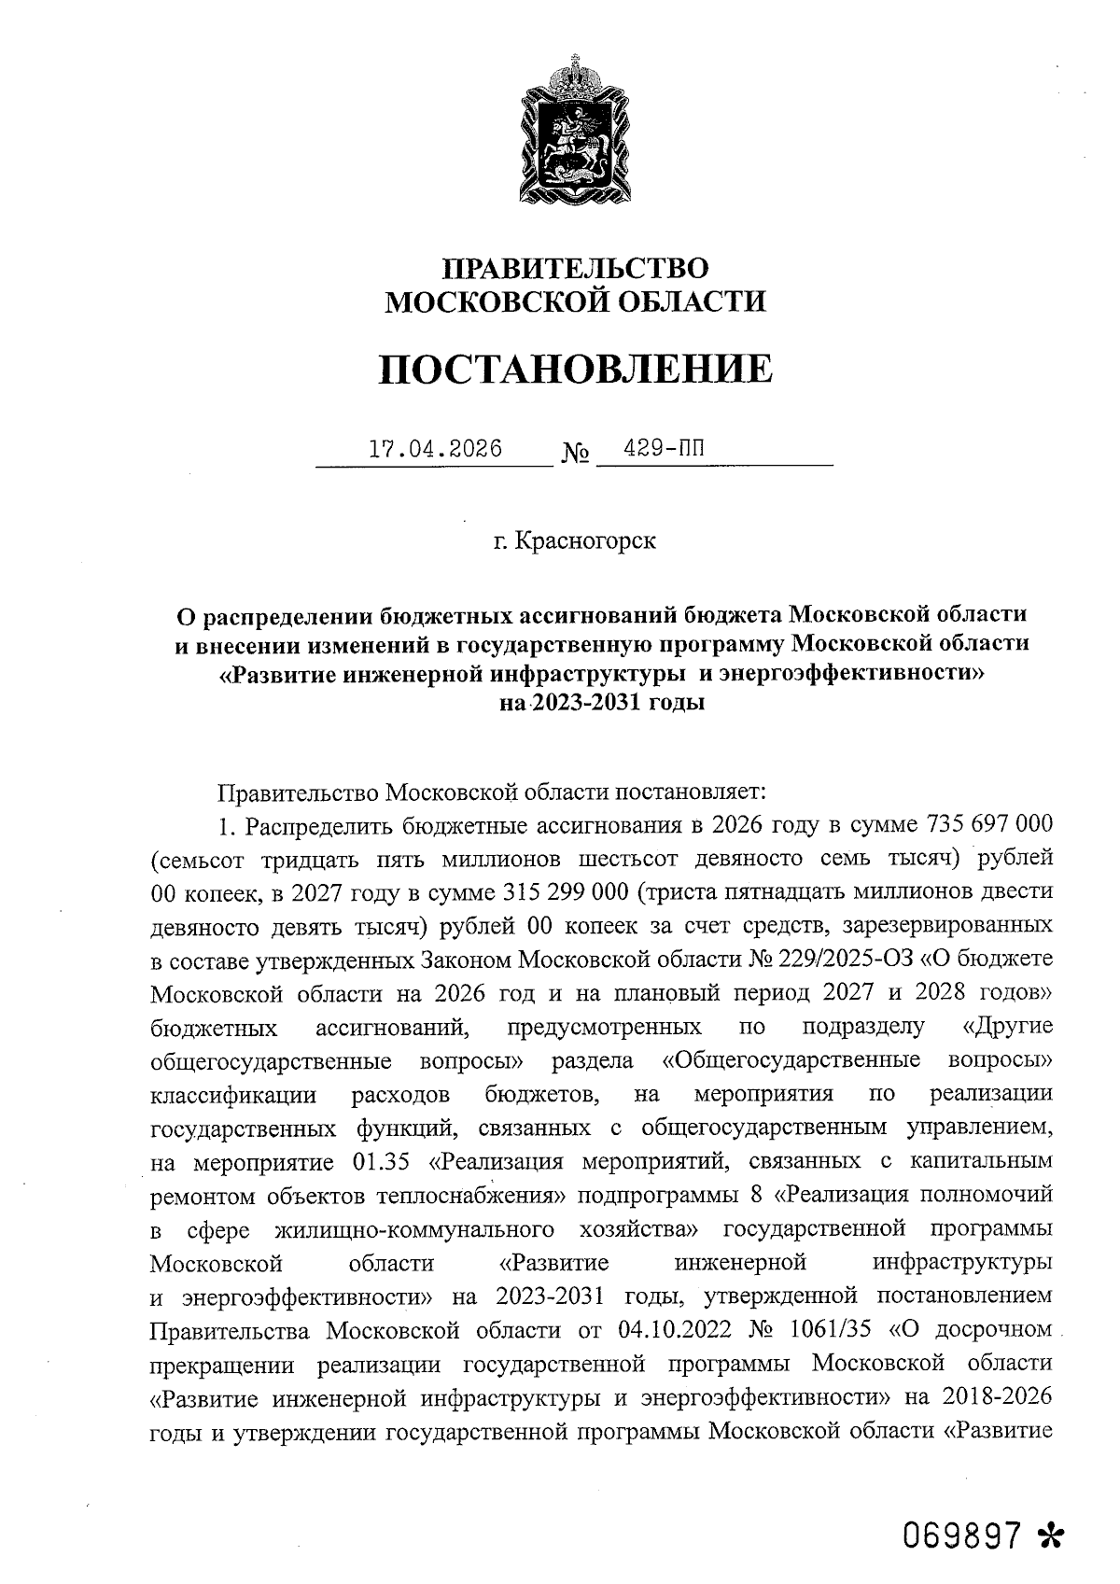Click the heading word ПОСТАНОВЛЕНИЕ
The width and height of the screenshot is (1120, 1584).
click(576, 370)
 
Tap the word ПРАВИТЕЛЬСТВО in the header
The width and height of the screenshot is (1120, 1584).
click(576, 269)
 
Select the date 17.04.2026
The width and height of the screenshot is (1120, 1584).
click(436, 449)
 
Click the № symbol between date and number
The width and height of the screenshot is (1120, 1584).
click(576, 455)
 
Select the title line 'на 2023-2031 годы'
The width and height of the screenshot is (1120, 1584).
click(602, 702)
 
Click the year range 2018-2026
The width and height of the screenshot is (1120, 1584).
click(998, 1397)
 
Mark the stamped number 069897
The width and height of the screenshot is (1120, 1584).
click(962, 1534)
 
